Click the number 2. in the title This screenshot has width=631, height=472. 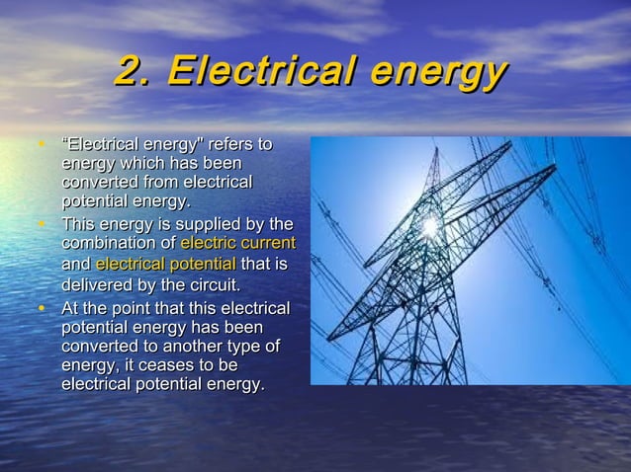coord(135,72)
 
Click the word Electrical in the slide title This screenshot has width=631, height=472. coord(258,72)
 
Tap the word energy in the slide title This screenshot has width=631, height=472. coord(438,72)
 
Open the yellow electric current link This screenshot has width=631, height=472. coord(237,244)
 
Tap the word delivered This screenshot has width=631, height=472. coord(96,286)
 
